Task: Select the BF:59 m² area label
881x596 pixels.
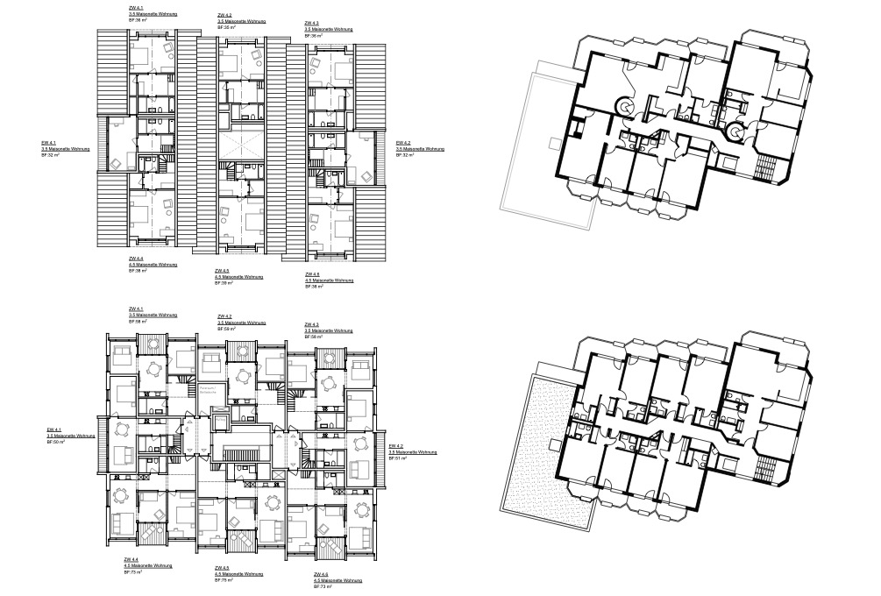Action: pos(226,329)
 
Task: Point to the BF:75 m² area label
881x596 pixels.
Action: pos(224,580)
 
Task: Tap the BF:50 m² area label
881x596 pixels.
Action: pos(58,443)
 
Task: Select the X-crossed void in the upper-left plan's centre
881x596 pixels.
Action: pos(241,142)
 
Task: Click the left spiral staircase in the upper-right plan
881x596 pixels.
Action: pos(628,105)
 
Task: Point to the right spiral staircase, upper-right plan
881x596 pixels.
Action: pos(735,131)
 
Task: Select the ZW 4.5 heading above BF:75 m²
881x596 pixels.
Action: pos(222,568)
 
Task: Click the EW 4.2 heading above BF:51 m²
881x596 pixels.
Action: pos(395,445)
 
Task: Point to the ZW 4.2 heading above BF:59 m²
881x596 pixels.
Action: pos(225,316)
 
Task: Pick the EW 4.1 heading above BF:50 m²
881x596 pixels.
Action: pos(53,429)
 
